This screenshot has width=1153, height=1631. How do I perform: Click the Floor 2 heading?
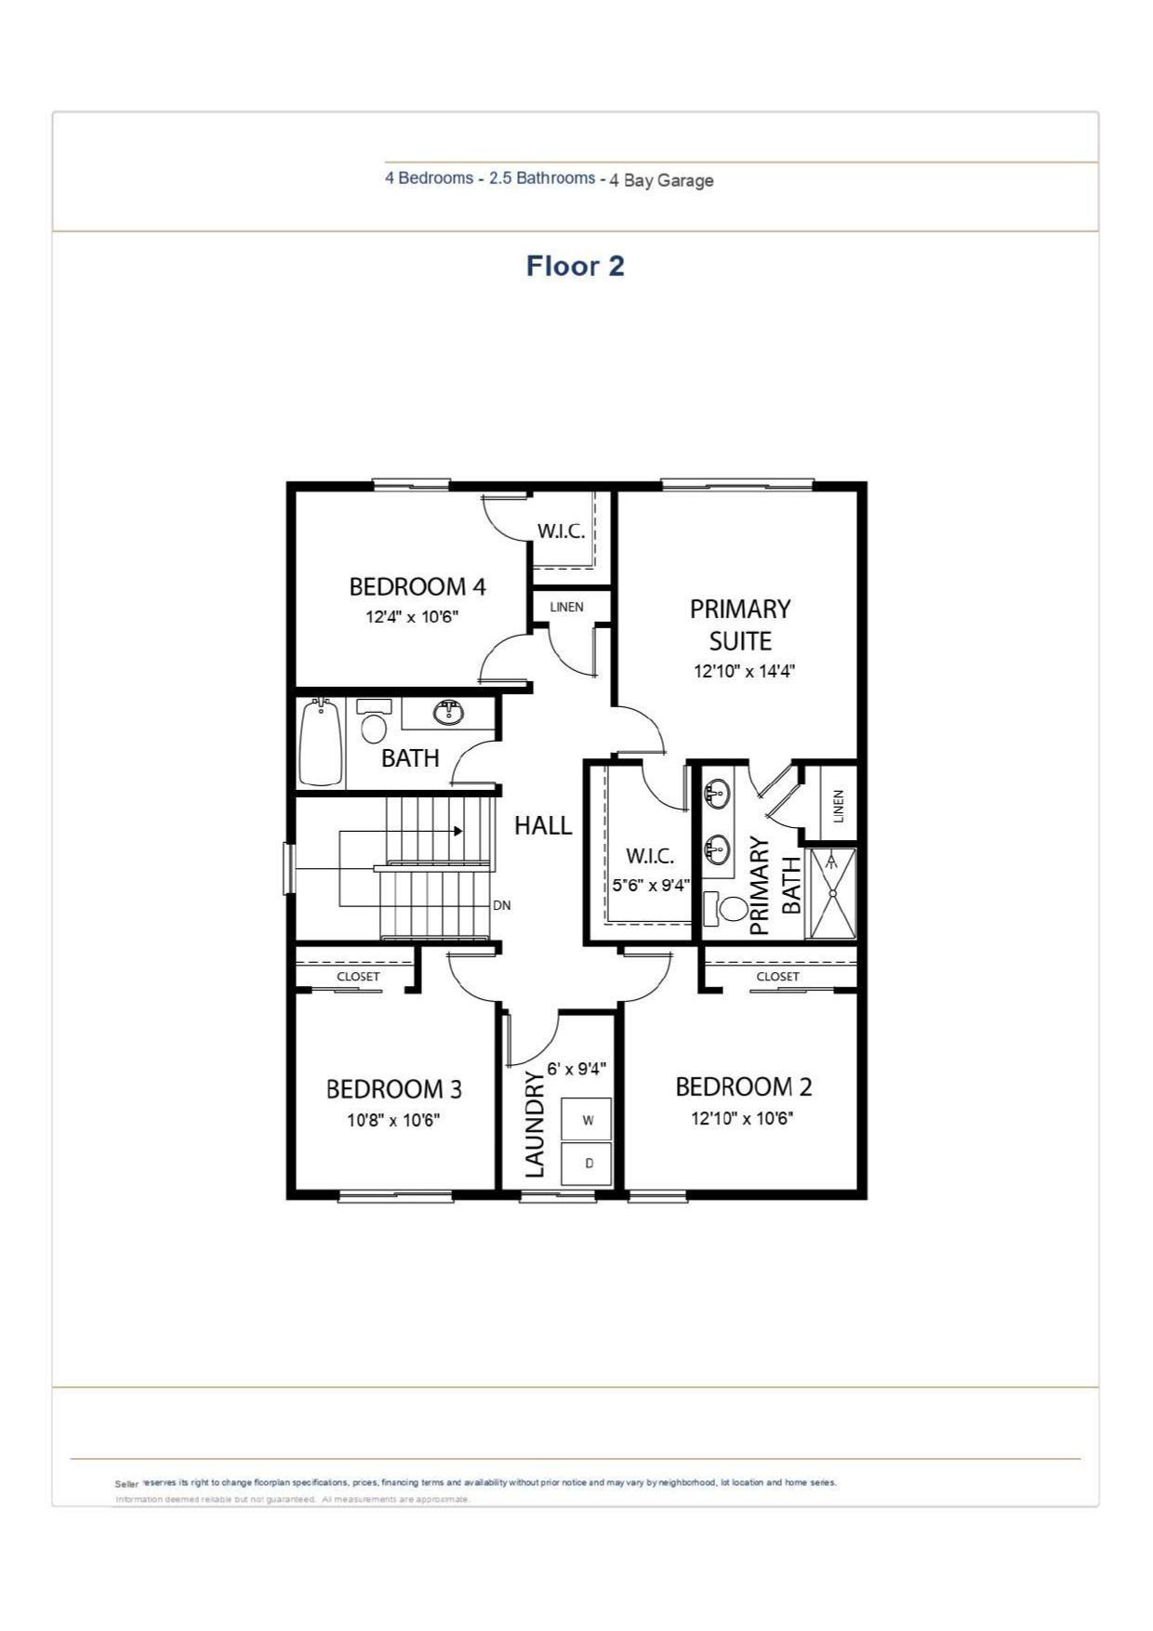(x=575, y=266)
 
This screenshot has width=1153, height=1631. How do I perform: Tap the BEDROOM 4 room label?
(x=417, y=586)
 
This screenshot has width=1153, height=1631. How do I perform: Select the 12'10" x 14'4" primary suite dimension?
(x=744, y=671)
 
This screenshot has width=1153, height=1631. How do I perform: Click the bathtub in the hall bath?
(x=321, y=743)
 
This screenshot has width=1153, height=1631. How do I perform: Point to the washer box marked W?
(x=587, y=1120)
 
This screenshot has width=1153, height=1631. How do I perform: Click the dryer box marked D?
(x=588, y=1163)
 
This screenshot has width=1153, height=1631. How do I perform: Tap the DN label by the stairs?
(x=501, y=905)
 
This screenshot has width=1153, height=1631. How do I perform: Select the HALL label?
(x=543, y=825)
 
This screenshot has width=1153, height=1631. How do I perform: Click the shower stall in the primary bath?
(x=832, y=892)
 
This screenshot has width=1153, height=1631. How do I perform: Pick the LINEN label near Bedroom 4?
(x=566, y=607)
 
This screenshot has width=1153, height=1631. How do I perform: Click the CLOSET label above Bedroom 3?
(x=358, y=977)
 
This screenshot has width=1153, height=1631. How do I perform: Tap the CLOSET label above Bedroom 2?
(x=777, y=977)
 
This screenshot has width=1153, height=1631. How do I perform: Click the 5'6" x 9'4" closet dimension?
(x=650, y=886)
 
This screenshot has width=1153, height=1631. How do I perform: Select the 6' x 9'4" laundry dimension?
(x=576, y=1069)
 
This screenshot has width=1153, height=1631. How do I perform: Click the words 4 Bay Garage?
(x=661, y=180)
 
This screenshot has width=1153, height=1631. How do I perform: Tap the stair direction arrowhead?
(x=457, y=831)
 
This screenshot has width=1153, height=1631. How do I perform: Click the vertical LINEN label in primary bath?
(x=839, y=805)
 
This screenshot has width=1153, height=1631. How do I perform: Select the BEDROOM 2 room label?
(x=743, y=1086)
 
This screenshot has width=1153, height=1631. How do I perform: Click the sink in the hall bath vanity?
(x=449, y=713)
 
